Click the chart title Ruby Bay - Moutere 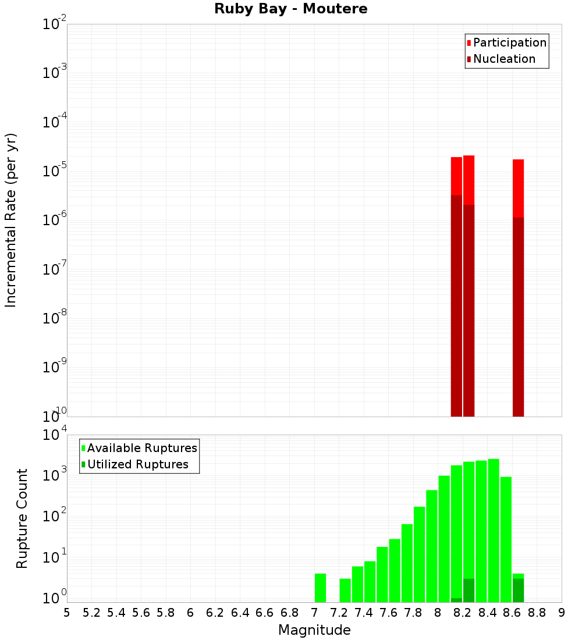coord(291,9)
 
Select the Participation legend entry coord(506,43)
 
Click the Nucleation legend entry coord(501,59)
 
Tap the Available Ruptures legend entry coord(139,449)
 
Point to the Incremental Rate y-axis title coord(11,220)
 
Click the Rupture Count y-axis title coord(22,518)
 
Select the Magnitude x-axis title coord(314,630)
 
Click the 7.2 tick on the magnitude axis coord(339,613)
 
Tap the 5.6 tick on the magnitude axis coord(141,613)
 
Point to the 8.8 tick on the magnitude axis coord(537,613)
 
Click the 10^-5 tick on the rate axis coord(54,170)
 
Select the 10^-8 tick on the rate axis coord(54,318)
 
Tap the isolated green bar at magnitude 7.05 coord(320,588)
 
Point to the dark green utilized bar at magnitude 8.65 coord(518,591)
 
